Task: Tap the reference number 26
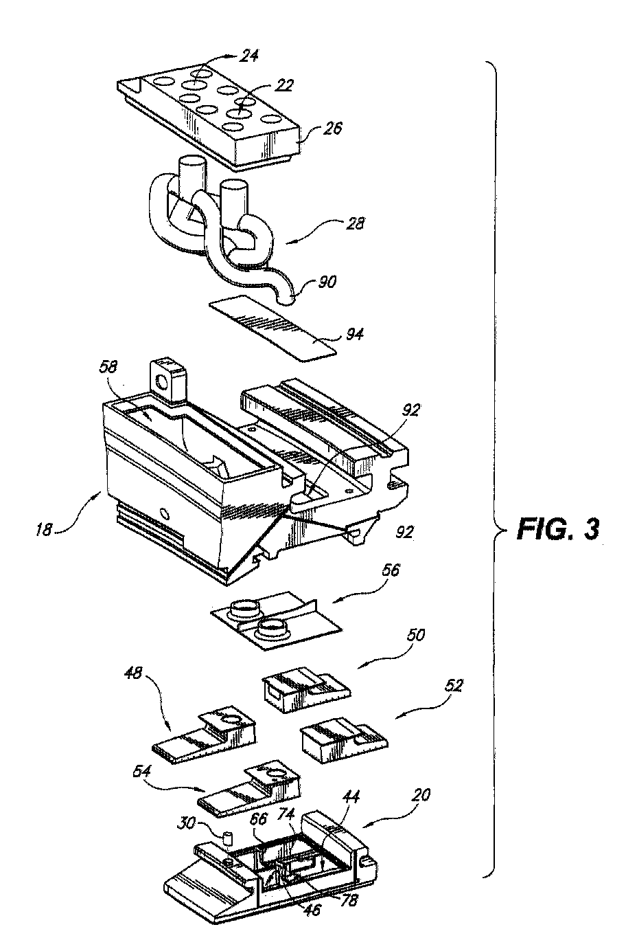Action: pos(332,128)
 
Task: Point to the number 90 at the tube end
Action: pos(327,282)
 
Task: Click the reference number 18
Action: pos(44,530)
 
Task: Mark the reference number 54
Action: pos(141,771)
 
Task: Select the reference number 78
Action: pos(349,901)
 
